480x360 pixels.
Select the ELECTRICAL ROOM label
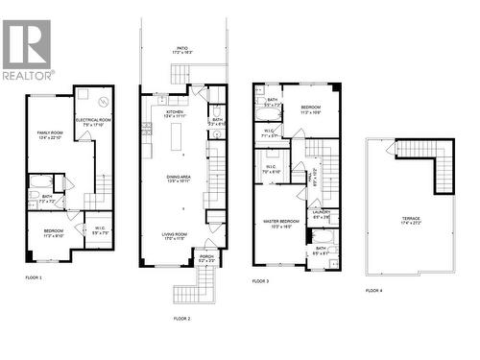point(98,121)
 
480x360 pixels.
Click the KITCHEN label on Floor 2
point(175,113)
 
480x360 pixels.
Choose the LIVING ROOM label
point(175,236)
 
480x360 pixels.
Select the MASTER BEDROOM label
point(278,223)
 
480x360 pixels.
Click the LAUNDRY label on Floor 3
point(323,214)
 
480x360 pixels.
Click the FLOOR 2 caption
point(181,317)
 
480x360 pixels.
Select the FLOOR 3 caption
point(262,281)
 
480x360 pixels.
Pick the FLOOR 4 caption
point(373,289)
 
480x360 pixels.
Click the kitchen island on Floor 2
point(180,139)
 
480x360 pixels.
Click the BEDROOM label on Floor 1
point(53,233)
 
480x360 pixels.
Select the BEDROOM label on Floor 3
point(311,108)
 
